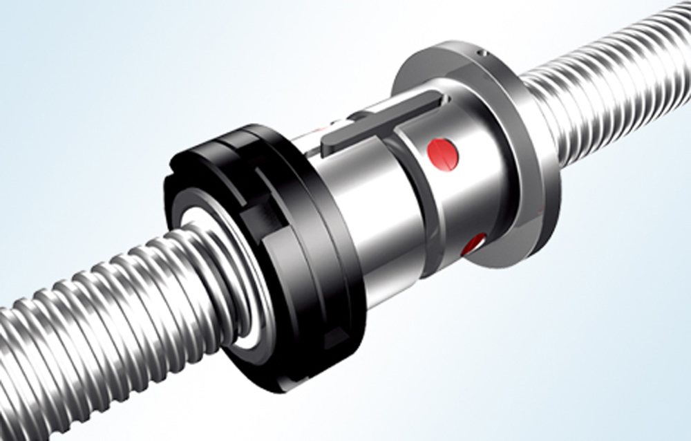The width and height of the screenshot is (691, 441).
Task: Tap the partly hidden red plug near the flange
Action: (x=475, y=243)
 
